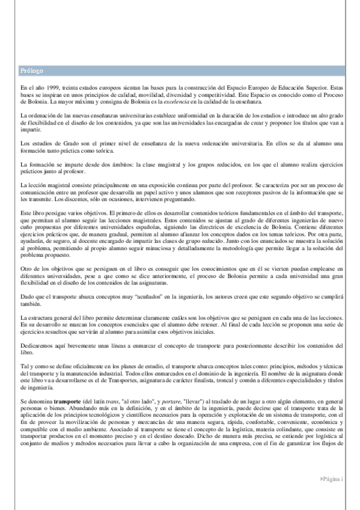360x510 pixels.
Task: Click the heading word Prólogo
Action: coord(31,71)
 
